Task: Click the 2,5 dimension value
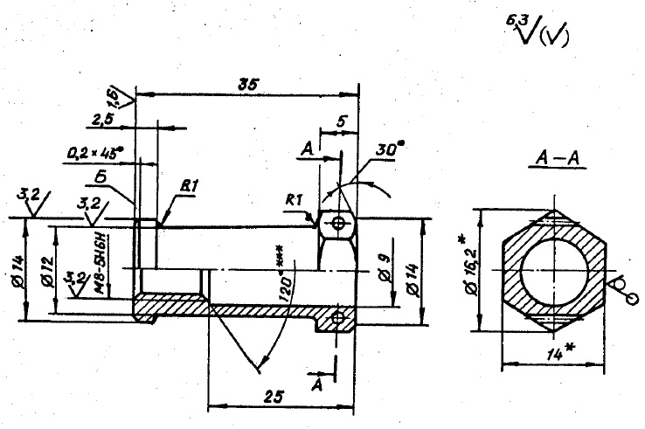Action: [x=102, y=119]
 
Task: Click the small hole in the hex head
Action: [x=338, y=225]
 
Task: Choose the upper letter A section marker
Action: [x=307, y=150]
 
